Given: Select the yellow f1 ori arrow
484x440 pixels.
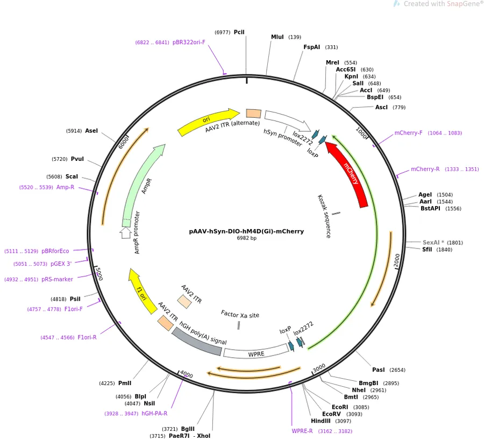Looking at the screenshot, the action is [141, 290].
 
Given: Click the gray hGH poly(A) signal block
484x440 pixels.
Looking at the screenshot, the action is [196, 342].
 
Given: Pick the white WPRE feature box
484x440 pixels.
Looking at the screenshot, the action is [256, 352].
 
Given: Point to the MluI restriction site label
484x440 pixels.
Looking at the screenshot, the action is [277, 37].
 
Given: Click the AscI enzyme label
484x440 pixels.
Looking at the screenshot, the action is [381, 107].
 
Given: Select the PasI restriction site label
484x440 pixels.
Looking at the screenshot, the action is [379, 370].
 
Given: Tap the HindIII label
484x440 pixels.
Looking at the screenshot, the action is [321, 421].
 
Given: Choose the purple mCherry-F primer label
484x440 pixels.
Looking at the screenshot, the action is [408, 133].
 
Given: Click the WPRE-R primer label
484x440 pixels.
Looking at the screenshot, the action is [302, 431].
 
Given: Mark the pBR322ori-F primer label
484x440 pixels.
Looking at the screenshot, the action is [189, 42].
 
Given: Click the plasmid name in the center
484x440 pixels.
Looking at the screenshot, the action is [246, 231].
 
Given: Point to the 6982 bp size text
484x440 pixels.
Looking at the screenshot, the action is [247, 238].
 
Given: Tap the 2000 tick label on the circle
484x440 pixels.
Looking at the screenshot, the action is [397, 261].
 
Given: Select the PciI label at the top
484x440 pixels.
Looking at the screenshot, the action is [239, 32].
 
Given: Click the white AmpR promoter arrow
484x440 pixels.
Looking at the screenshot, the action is [125, 232].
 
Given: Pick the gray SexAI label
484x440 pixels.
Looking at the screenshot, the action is [433, 243].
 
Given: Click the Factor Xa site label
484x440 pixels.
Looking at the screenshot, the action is [240, 314].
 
